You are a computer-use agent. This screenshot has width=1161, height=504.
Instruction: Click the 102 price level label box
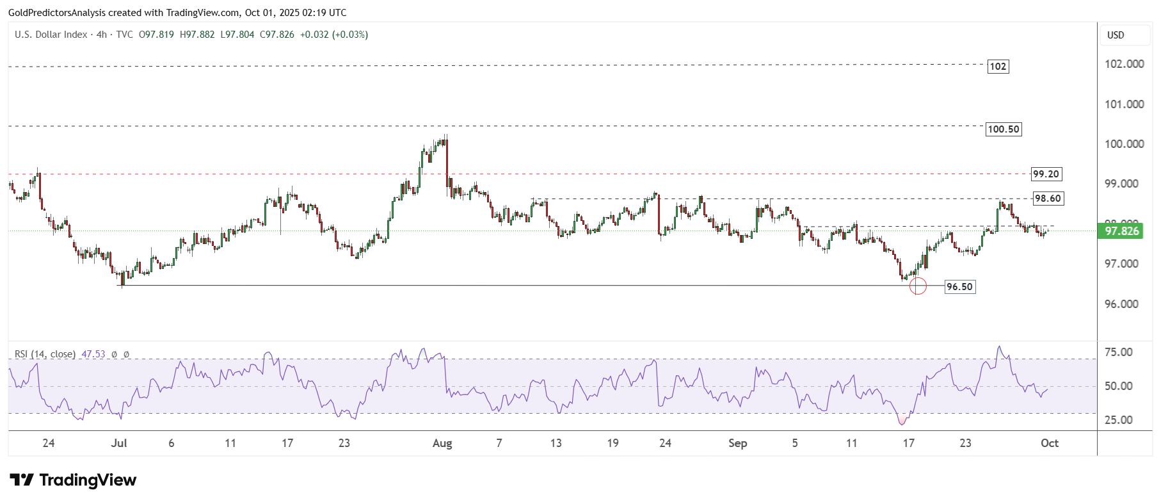point(998,67)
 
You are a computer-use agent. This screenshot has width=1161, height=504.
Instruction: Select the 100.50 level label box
point(1003,129)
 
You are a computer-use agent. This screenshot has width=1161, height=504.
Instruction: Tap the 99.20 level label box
point(1046,174)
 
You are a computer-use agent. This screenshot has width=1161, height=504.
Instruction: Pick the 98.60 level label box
point(1048,199)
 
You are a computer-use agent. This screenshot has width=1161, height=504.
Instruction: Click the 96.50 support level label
point(959,287)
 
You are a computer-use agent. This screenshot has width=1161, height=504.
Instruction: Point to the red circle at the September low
point(918,286)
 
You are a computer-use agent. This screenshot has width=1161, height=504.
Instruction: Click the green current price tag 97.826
point(1121,231)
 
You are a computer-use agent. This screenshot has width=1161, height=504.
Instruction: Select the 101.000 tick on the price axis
point(1124,104)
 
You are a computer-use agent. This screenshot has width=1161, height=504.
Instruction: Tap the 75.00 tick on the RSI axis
point(1118,352)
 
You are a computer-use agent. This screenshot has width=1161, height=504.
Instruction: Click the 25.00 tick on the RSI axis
point(1118,420)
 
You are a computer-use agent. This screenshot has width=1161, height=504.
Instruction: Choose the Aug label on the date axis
point(442,443)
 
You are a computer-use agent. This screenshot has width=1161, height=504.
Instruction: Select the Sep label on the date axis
point(737,443)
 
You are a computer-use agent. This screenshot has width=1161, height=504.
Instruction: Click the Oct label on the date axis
point(1049,443)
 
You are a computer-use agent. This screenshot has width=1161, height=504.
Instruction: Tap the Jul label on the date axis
point(119,443)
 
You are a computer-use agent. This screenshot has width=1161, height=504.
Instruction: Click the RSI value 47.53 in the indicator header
point(93,354)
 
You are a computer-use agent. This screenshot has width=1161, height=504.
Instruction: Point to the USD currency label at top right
point(1116,35)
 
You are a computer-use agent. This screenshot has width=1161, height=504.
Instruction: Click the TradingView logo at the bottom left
point(73,480)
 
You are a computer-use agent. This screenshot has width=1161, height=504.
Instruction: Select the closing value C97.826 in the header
point(277,35)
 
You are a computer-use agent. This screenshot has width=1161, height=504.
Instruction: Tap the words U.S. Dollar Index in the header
point(51,35)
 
